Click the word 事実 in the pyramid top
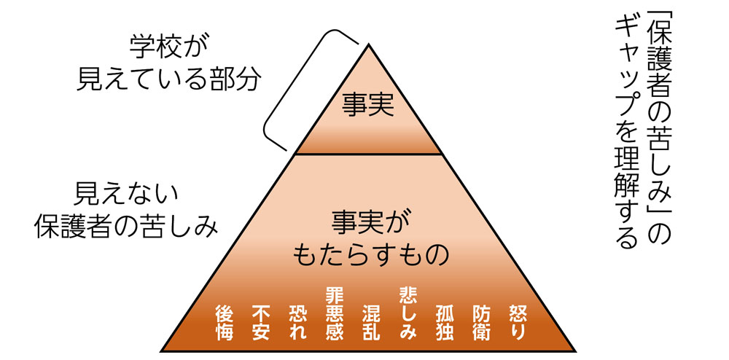[x=368, y=106]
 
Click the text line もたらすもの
[x=368, y=254]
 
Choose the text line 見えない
[x=127, y=195]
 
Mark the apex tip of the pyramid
[x=369, y=45]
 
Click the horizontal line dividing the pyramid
[x=368, y=154]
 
